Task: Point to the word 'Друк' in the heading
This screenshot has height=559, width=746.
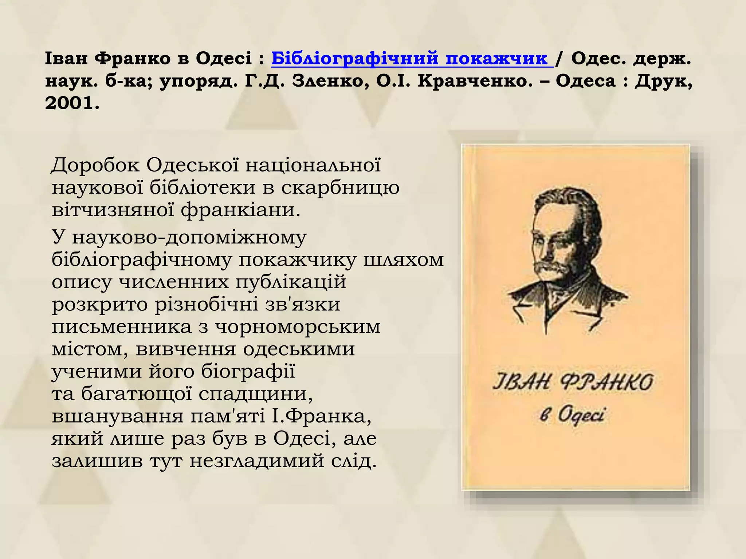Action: click(663, 81)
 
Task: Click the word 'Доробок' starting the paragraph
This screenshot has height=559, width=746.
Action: click(95, 165)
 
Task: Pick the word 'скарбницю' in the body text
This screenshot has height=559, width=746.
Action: click(340, 188)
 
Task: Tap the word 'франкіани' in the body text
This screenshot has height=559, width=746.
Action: click(240, 210)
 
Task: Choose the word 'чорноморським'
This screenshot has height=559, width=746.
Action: click(298, 326)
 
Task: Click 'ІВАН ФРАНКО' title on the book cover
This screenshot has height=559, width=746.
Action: click(573, 382)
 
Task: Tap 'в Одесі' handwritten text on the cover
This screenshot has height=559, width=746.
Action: click(572, 415)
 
